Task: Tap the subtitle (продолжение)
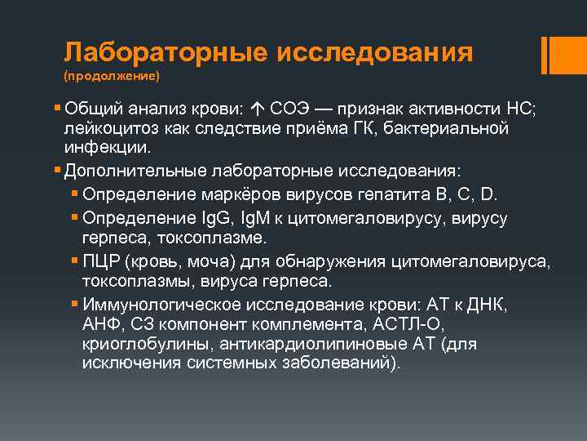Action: (111, 77)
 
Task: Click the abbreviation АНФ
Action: (99, 324)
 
